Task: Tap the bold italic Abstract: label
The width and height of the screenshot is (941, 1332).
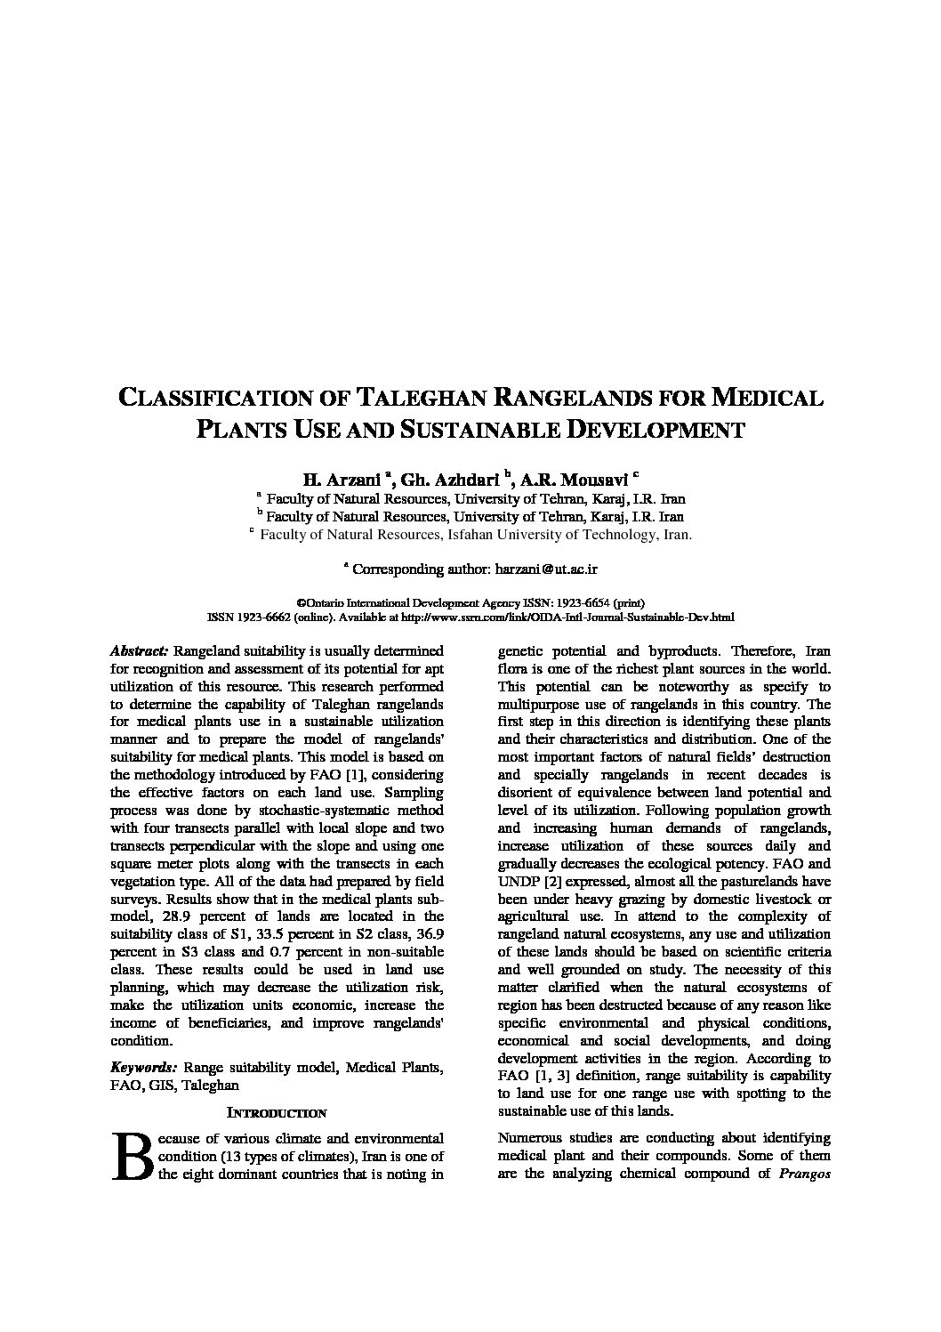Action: [139, 650]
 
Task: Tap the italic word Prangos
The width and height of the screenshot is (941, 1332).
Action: [804, 1173]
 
